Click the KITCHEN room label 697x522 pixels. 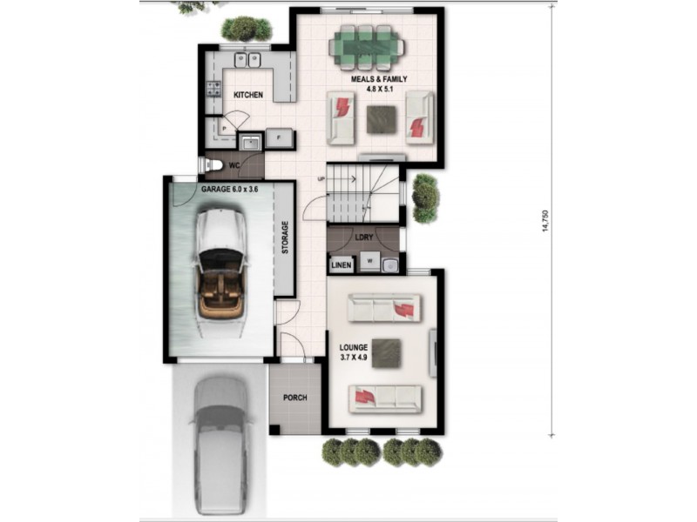(x=248, y=94)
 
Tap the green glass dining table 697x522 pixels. (x=365, y=47)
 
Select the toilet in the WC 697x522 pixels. (x=212, y=164)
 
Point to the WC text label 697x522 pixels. (x=234, y=164)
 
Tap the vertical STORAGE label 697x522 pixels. (x=285, y=238)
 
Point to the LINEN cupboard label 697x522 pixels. (x=342, y=264)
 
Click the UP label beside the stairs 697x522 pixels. (x=321, y=180)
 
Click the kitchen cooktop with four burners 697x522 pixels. (x=212, y=87)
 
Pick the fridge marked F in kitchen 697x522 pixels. (x=280, y=137)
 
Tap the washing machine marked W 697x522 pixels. (x=370, y=261)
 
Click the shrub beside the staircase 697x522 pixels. (x=425, y=197)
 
